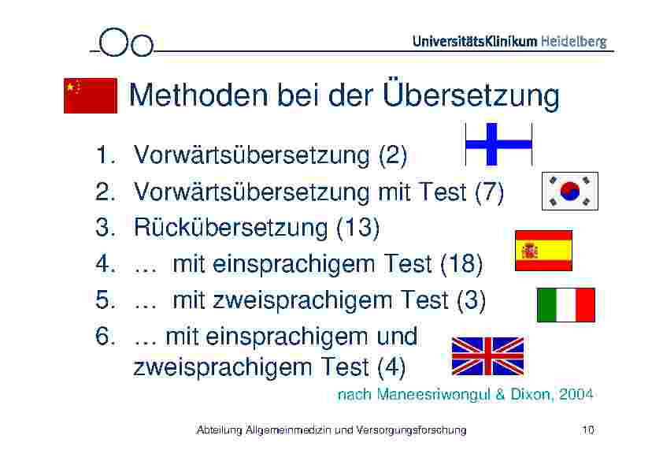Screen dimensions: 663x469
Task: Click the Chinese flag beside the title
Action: (x=91, y=95)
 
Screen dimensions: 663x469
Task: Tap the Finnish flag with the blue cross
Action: (x=498, y=144)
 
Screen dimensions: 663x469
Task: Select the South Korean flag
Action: (x=570, y=191)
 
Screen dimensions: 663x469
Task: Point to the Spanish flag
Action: (x=544, y=251)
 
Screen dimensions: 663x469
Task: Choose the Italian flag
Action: (x=565, y=305)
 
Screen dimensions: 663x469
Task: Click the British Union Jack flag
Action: (x=487, y=356)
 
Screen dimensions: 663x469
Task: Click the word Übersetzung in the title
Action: (x=471, y=95)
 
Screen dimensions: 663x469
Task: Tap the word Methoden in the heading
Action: (x=198, y=95)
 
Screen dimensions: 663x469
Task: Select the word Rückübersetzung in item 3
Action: (x=231, y=227)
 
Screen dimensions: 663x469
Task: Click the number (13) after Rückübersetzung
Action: (x=357, y=228)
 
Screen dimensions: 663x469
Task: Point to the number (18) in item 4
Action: (x=461, y=264)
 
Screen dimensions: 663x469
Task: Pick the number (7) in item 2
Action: (x=489, y=192)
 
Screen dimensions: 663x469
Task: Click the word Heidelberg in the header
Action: (x=574, y=42)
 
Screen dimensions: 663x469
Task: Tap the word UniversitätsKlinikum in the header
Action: (x=475, y=41)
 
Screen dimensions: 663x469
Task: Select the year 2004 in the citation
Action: (x=576, y=394)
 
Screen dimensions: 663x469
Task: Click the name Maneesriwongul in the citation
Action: (x=433, y=394)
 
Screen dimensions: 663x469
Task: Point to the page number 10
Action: (x=588, y=430)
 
